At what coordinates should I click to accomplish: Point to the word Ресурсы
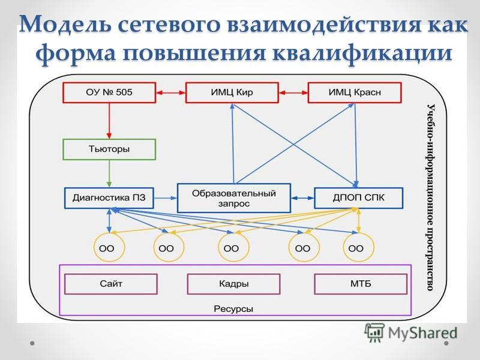(x=233, y=309)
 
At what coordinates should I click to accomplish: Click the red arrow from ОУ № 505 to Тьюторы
(x=109, y=121)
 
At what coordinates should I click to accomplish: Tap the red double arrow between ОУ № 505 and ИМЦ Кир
(x=171, y=92)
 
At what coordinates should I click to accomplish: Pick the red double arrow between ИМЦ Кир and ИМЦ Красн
(x=293, y=92)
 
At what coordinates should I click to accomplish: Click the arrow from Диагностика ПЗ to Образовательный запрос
(x=166, y=198)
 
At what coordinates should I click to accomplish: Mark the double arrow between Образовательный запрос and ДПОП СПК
(x=302, y=198)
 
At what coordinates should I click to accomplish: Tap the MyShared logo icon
(x=374, y=333)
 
